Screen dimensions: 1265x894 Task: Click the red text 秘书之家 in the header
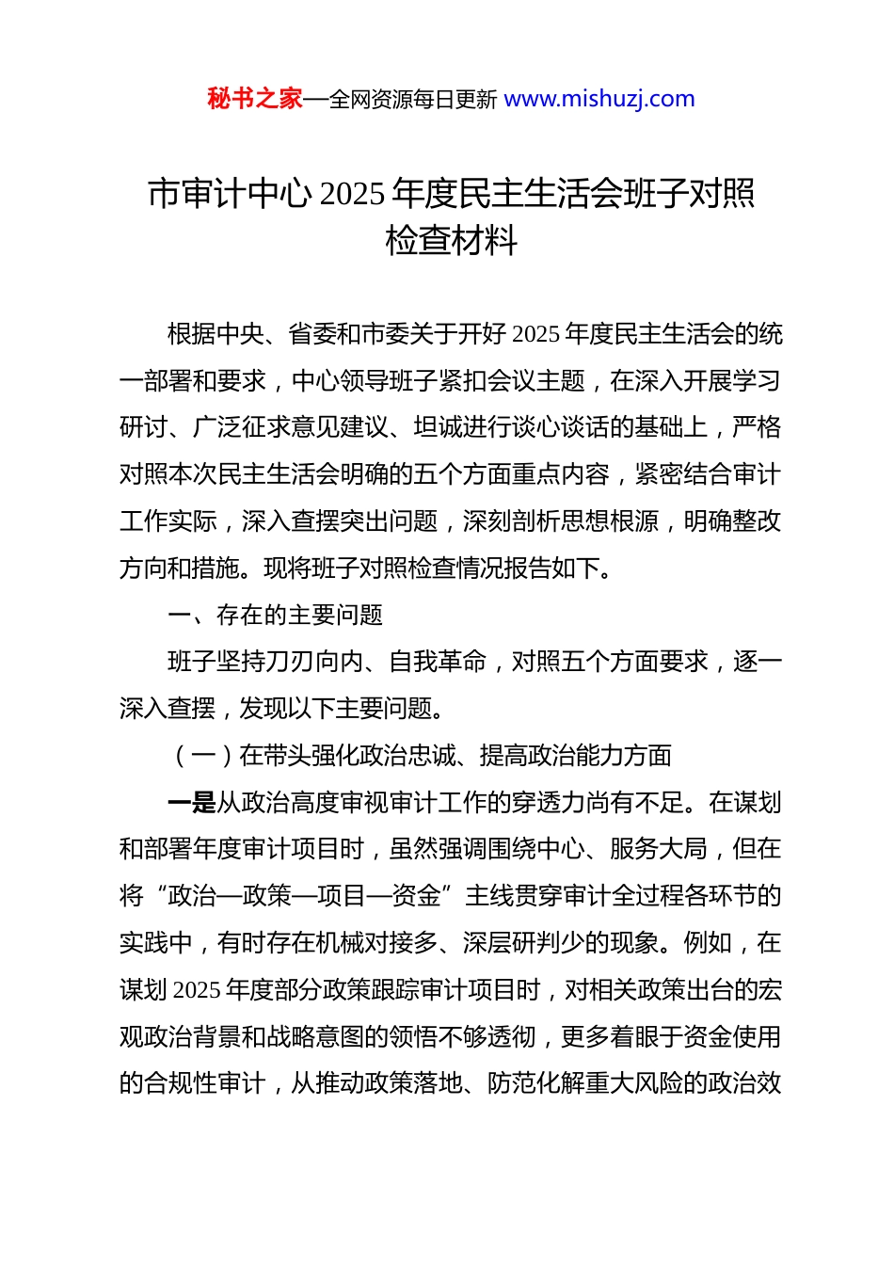254,99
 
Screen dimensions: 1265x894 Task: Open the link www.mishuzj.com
599,99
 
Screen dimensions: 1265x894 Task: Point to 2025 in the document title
352,194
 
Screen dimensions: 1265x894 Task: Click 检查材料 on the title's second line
452,241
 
